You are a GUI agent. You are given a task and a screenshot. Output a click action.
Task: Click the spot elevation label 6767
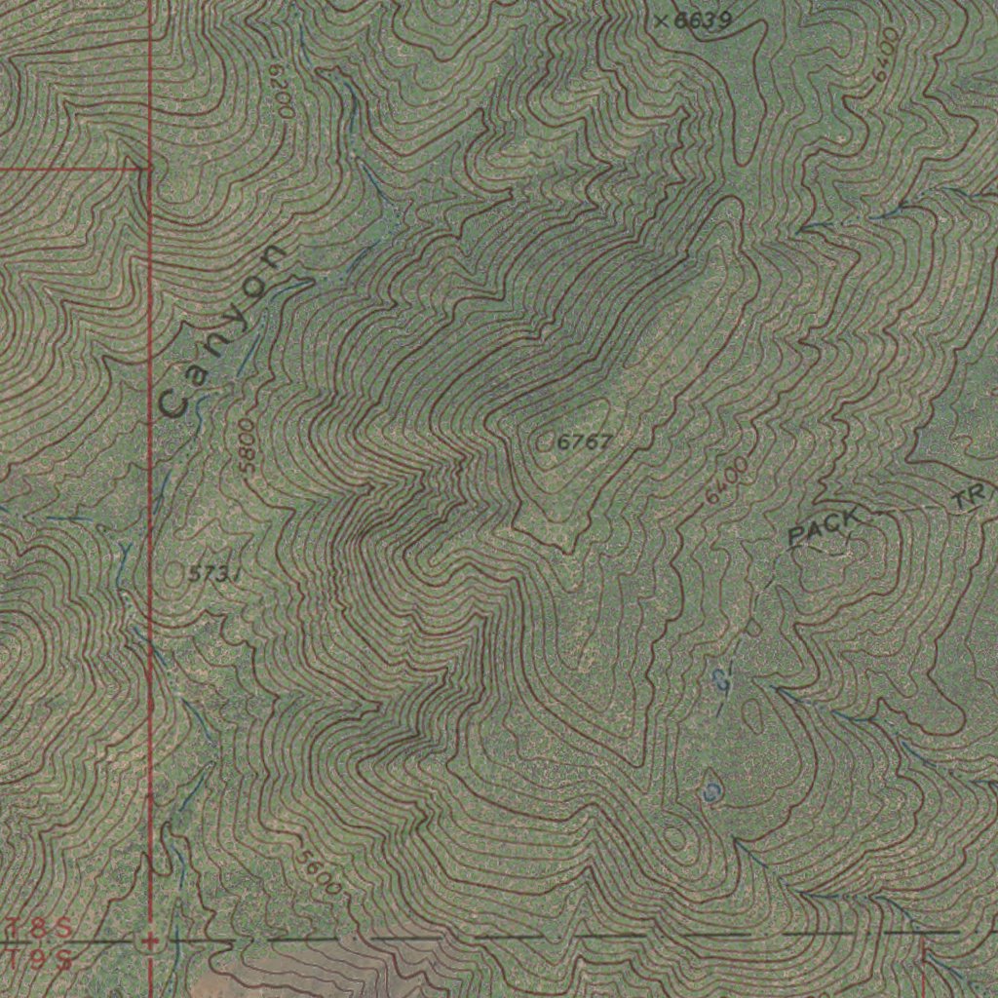point(585,442)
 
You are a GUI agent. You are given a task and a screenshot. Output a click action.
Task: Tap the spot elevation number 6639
point(704,19)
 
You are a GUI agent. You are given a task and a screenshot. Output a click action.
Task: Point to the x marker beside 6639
point(661,19)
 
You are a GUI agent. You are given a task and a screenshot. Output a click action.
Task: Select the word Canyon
point(222,331)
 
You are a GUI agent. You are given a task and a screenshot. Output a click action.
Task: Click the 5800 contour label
point(247,445)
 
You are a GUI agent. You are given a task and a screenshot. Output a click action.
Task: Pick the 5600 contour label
point(320,872)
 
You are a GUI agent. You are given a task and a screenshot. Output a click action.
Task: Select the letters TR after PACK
point(970,499)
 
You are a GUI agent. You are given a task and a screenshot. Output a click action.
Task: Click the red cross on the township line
point(149,941)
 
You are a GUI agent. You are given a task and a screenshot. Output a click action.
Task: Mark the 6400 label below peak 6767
point(727,480)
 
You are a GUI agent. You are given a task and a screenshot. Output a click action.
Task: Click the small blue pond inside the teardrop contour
point(712,788)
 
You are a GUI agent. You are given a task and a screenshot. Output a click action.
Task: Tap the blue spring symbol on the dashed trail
point(722,678)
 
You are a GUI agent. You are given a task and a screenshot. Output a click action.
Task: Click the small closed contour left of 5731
point(174,574)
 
